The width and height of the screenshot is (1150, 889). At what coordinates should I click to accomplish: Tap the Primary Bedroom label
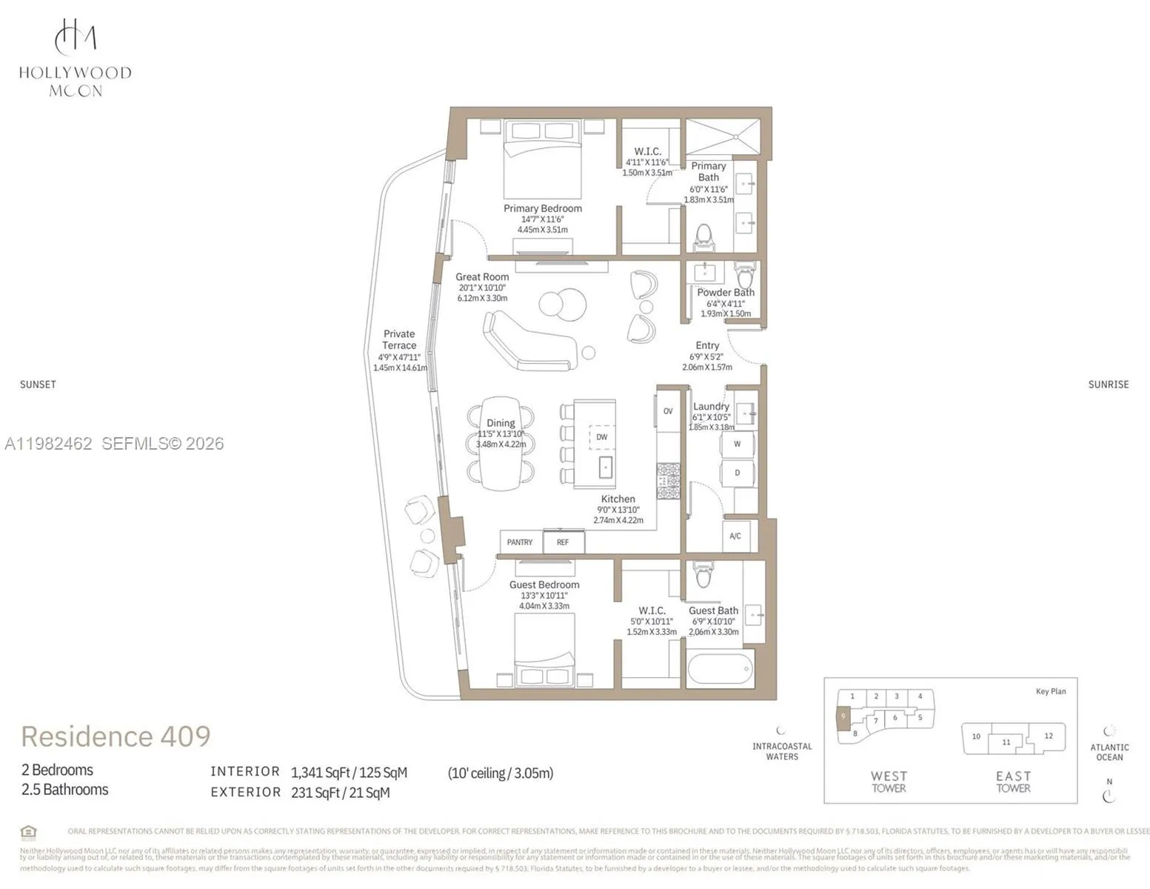[x=542, y=208]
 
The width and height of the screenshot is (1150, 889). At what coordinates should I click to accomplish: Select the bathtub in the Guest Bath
[x=721, y=669]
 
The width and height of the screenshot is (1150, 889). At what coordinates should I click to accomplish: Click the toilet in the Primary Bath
[x=703, y=237]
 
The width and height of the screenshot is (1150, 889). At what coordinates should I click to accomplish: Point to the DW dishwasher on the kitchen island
[x=601, y=437]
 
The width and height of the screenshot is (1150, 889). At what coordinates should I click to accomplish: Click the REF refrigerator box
[x=564, y=542]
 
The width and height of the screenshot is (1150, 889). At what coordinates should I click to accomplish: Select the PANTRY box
[x=520, y=542]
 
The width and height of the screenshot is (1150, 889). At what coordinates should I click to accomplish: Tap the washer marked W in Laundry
[x=738, y=444]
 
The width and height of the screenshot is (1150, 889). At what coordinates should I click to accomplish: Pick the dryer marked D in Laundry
[x=738, y=473]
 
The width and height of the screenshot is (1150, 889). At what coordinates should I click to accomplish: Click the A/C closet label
[x=735, y=536]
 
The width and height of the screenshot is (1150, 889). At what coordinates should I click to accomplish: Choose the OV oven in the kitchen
[x=667, y=411]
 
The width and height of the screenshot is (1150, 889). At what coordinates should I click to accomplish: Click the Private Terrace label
[x=399, y=340]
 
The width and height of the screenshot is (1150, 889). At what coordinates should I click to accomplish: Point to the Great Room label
[x=482, y=277]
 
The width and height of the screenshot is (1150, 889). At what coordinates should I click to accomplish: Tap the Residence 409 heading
[x=116, y=736]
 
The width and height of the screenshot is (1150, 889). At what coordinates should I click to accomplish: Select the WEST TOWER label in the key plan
[x=889, y=782]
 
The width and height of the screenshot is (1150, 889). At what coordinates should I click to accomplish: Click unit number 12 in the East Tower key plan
[x=1048, y=736]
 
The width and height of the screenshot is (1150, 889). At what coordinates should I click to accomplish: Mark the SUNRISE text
[x=1108, y=384]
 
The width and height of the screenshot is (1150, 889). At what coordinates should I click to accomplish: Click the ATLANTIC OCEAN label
[x=1109, y=752]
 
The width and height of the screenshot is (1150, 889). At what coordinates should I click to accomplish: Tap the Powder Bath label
[x=725, y=293]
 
